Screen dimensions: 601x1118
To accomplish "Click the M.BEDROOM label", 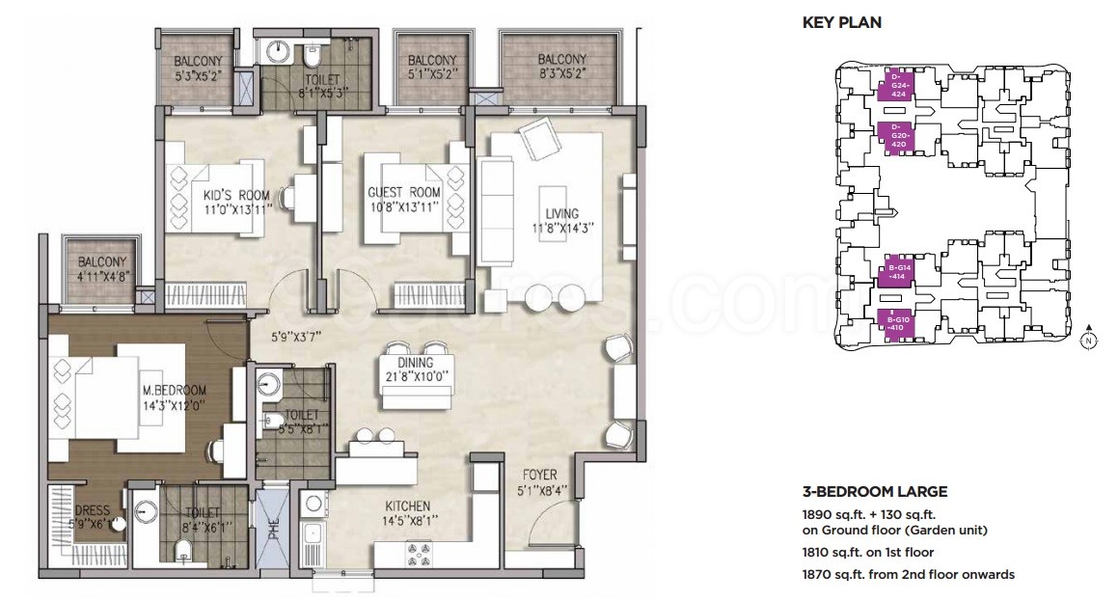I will tap(174, 391).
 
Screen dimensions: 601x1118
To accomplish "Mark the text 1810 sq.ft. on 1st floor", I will tap(868, 553).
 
